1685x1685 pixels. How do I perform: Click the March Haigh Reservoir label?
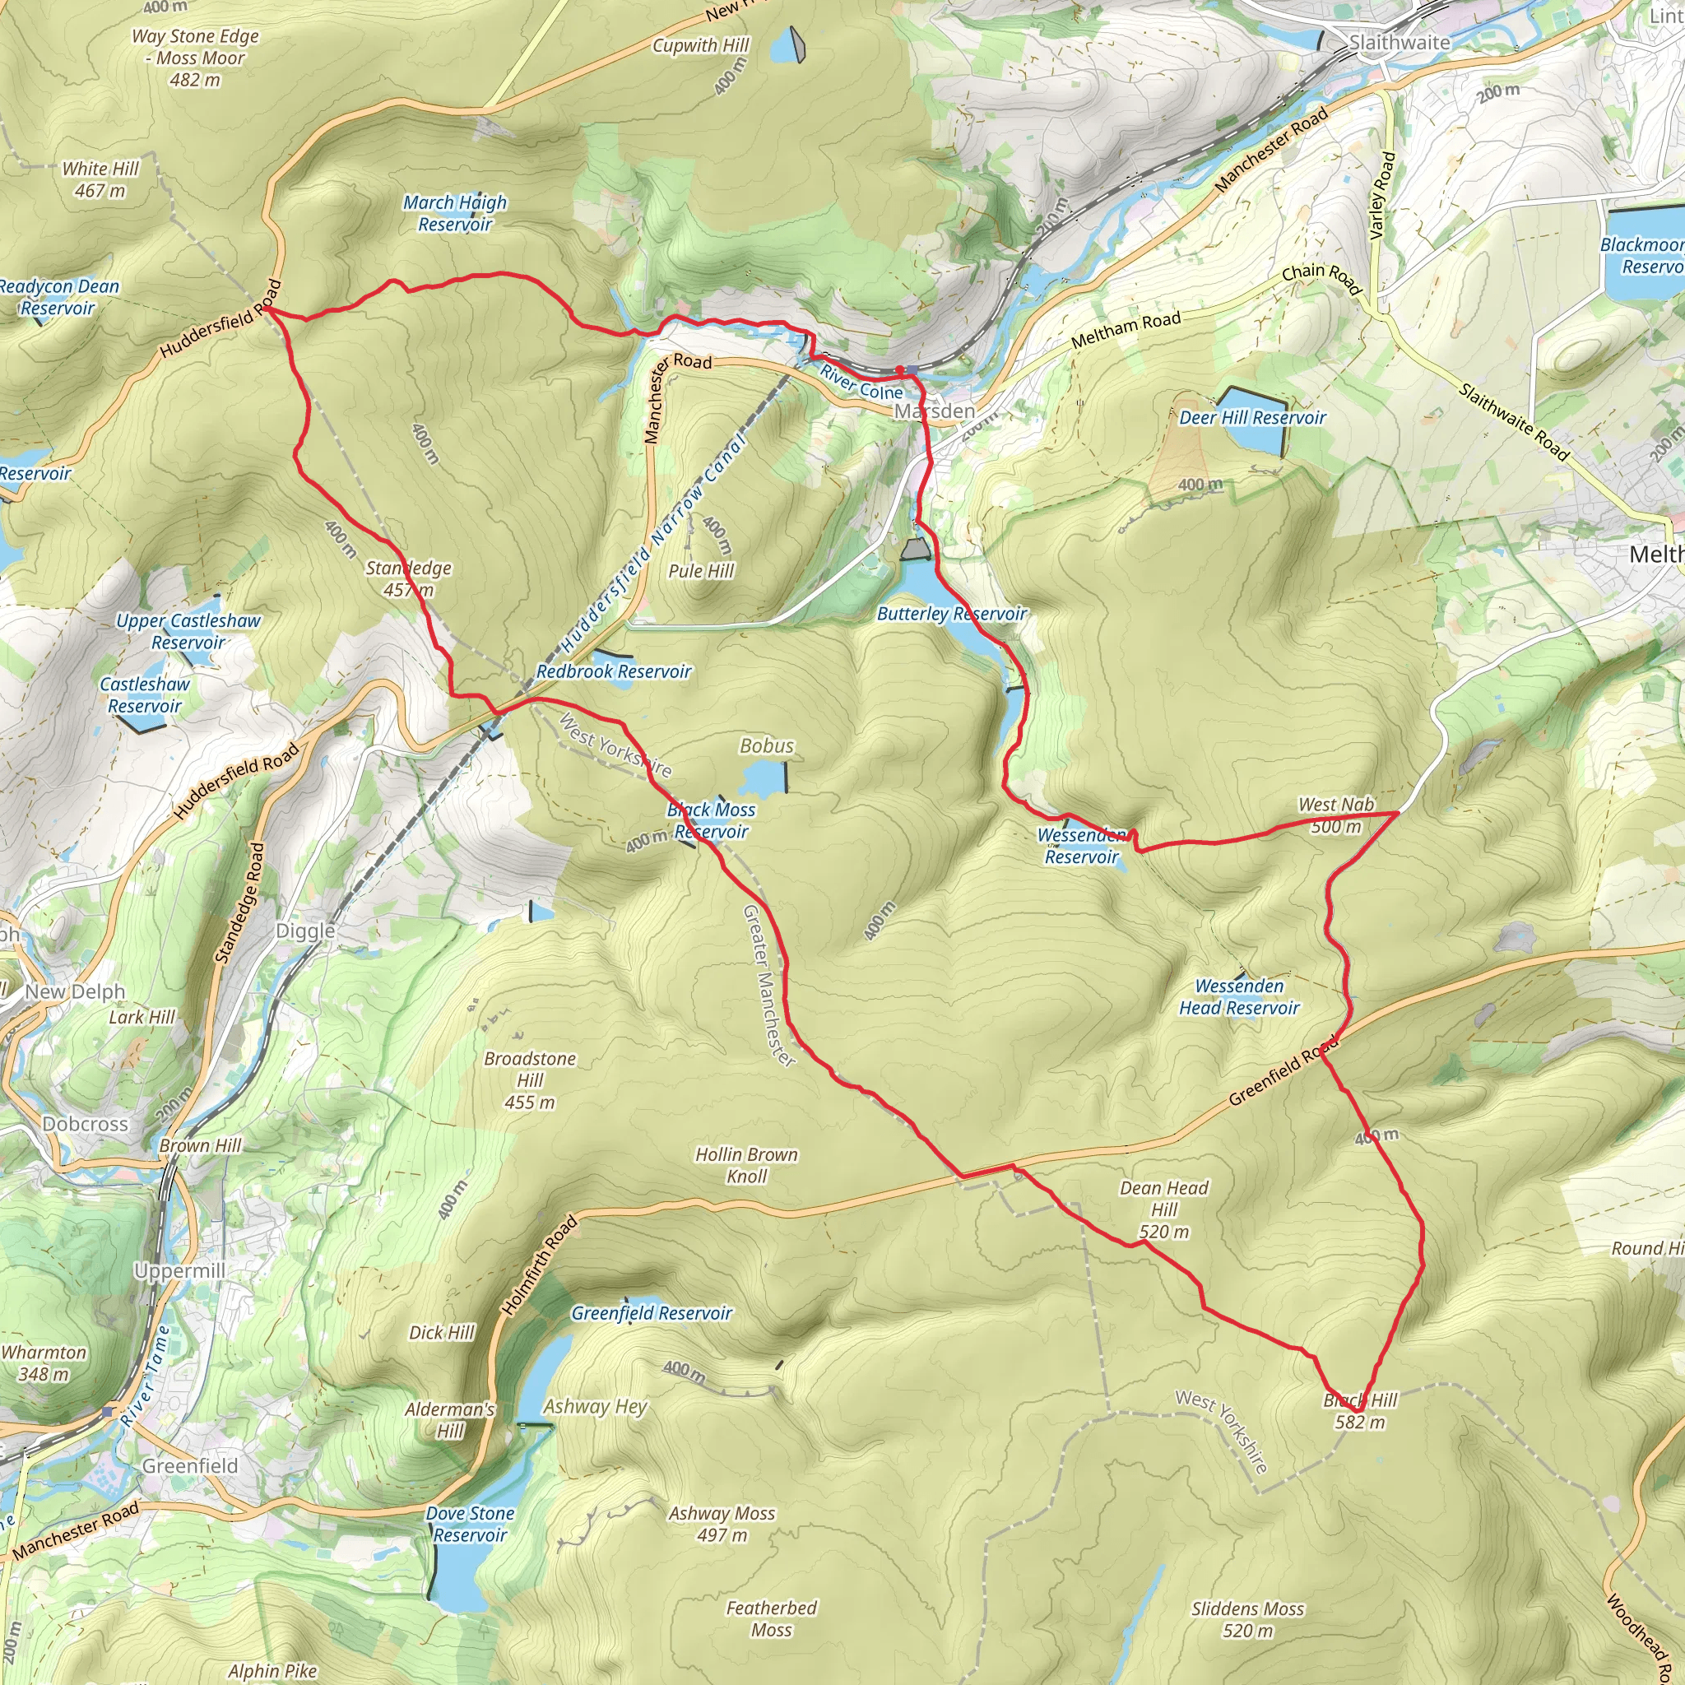point(454,213)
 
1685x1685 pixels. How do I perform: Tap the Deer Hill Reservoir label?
point(1251,418)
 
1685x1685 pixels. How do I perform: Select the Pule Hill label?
point(700,570)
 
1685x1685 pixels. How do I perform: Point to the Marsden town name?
point(935,411)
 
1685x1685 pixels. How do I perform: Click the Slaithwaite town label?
point(1399,42)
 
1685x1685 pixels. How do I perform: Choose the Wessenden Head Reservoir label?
point(1238,997)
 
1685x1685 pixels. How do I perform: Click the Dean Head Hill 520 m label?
point(1163,1209)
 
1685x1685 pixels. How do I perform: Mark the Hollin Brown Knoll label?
point(745,1164)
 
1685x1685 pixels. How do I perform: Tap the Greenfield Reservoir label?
point(652,1312)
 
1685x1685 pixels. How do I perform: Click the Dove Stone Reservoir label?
point(469,1524)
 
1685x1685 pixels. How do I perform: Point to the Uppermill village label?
point(179,1270)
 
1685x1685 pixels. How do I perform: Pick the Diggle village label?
point(305,931)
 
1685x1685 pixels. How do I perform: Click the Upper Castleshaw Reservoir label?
point(188,630)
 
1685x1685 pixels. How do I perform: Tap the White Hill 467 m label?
point(100,179)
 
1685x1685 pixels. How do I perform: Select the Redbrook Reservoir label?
point(613,671)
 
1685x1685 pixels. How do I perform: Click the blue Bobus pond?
point(764,778)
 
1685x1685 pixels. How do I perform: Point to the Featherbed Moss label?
point(771,1618)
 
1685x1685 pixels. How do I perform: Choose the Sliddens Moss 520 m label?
point(1247,1618)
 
